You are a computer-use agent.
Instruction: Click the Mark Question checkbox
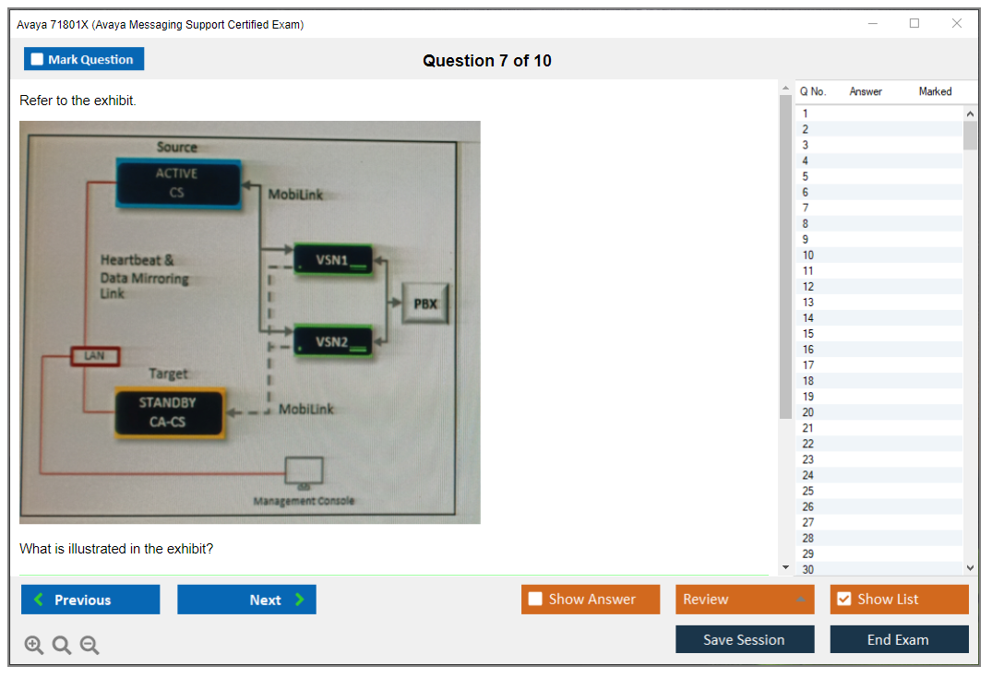pos(38,59)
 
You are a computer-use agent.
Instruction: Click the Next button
pos(246,600)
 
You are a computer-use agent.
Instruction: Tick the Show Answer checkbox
pos(536,600)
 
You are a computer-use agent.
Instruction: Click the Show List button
pos(899,600)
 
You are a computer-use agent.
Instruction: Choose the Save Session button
pos(744,639)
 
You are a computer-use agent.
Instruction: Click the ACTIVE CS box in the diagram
pos(177,183)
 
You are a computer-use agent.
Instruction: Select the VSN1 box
pos(332,260)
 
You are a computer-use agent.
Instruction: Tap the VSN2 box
pos(332,341)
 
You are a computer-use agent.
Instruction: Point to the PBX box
pos(424,303)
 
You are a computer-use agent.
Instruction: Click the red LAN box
pos(94,355)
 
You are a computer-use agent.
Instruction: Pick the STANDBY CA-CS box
pos(168,412)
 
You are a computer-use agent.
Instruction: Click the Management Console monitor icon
pos(304,471)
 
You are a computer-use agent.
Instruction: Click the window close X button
pos(956,24)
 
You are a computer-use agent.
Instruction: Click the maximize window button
pos(914,24)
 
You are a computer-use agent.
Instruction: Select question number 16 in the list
pos(808,350)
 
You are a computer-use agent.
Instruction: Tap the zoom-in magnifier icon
pos(34,646)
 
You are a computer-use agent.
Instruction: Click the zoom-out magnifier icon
pos(90,646)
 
